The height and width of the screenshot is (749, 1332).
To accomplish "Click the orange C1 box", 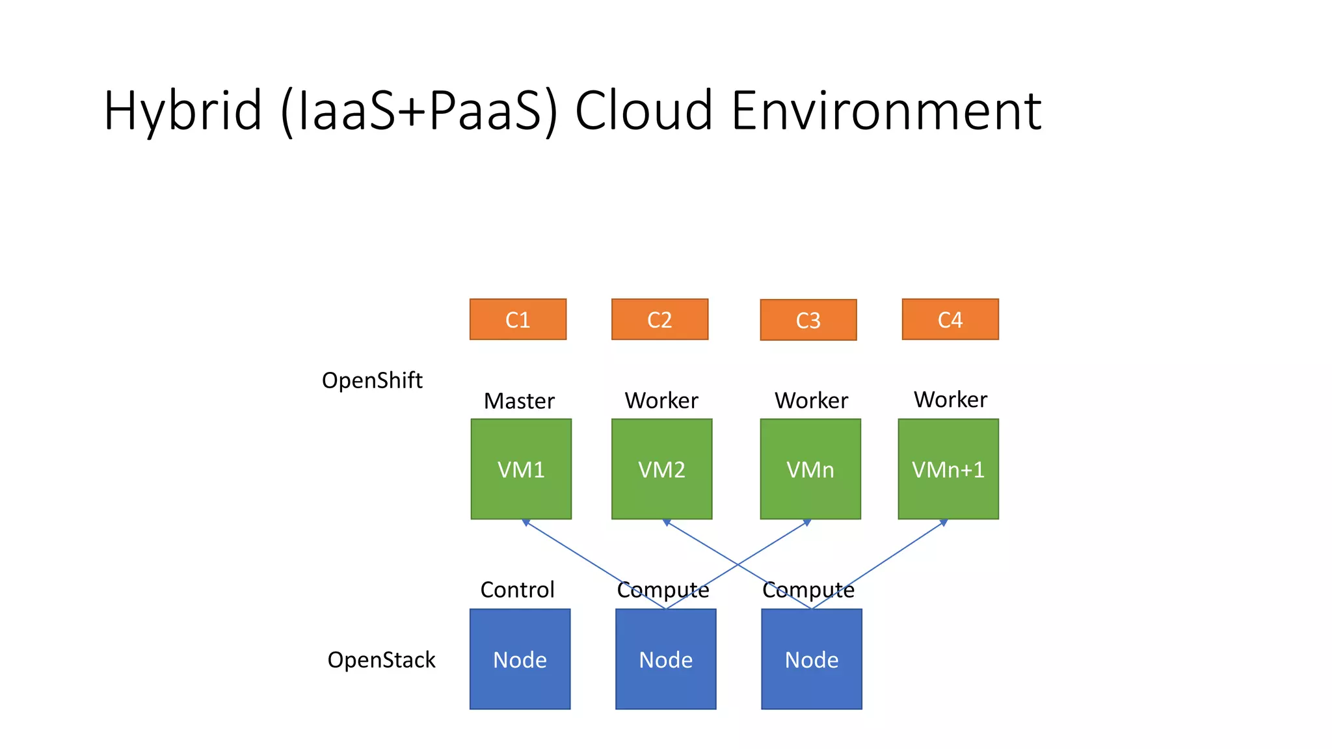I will tap(518, 319).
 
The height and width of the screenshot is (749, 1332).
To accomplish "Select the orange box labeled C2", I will tap(659, 319).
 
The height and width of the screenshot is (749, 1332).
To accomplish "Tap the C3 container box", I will tap(808, 320).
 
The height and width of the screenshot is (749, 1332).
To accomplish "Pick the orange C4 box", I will tap(950, 319).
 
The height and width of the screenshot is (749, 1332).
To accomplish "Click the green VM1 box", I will tap(521, 469).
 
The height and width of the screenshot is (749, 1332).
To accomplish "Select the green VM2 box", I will tap(661, 469).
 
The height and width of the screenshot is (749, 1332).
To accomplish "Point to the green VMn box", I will tap(810, 469).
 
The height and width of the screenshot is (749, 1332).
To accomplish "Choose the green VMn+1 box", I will tap(948, 469).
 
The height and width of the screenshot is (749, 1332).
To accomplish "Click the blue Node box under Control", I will tap(520, 659).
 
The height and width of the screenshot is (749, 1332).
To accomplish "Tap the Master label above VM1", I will tap(519, 401).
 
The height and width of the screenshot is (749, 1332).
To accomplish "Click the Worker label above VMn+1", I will tap(950, 399).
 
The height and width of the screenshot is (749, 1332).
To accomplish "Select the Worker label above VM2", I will tap(661, 401).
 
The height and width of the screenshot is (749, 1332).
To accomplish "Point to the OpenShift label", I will tap(372, 380).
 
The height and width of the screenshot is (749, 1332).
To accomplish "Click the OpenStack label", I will tap(381, 660).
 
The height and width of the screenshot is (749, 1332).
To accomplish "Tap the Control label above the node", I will tap(517, 590).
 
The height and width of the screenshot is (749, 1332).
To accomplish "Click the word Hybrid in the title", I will tap(182, 111).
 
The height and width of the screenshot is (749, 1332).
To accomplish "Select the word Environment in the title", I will tap(886, 111).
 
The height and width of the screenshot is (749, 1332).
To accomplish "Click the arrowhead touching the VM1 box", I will tap(526, 522).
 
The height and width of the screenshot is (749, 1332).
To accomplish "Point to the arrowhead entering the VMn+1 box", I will tap(944, 522).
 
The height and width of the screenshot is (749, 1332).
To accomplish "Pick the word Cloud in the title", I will tap(643, 111).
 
